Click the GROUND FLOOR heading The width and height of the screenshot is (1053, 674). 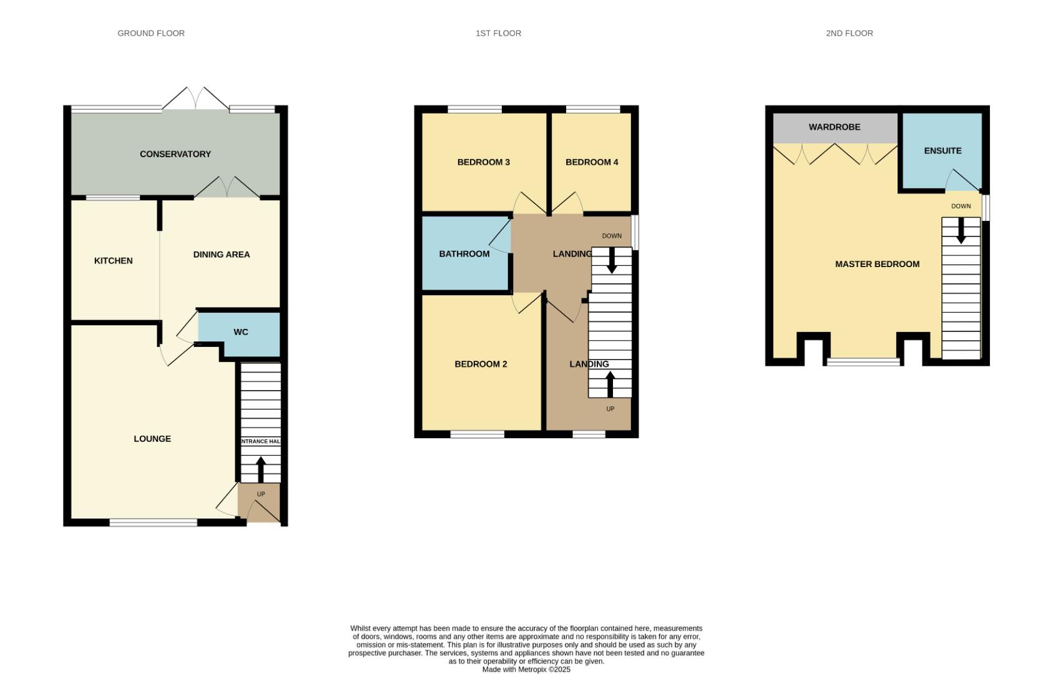151,33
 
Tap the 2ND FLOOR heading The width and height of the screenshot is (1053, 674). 849,33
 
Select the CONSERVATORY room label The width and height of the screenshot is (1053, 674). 175,154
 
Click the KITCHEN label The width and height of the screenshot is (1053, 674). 113,261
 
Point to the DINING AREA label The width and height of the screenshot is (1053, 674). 221,255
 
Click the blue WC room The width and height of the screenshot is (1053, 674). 241,332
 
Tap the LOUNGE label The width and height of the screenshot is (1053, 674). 152,439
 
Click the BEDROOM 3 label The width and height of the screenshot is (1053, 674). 483,162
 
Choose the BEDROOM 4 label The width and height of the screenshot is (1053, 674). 592,162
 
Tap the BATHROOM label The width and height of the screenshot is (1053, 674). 464,254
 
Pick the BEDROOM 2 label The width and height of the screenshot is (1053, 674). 481,364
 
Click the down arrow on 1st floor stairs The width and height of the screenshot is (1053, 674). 612,260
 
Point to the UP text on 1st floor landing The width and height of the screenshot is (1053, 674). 610,409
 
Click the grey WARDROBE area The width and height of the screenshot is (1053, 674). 835,127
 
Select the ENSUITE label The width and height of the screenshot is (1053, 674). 943,150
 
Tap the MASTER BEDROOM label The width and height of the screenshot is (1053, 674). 877,264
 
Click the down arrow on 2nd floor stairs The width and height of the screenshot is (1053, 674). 961,230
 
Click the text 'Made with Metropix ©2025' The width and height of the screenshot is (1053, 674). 526,670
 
